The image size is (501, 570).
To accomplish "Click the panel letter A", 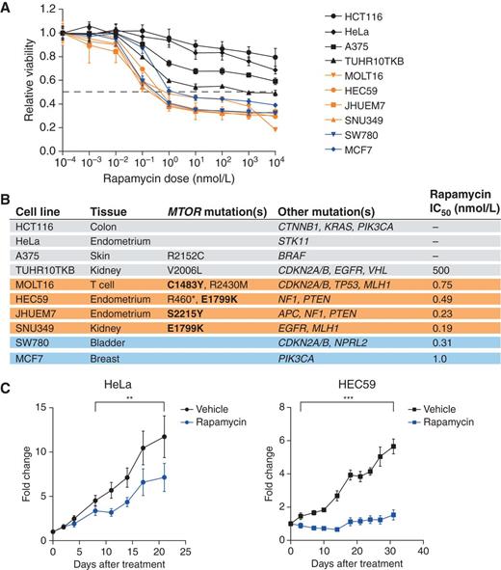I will [8, 8].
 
